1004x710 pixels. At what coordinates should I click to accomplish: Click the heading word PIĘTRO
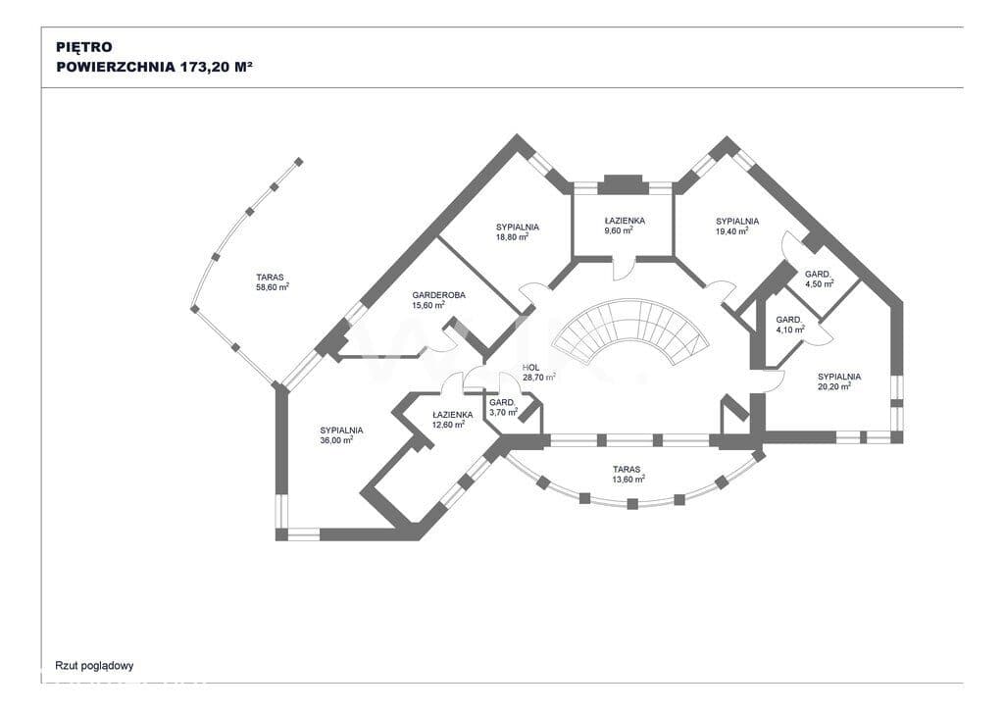click(x=84, y=47)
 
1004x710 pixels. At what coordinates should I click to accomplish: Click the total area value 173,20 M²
click(x=216, y=67)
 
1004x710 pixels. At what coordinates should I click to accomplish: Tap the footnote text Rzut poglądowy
click(x=95, y=666)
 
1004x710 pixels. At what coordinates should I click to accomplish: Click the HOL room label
click(x=530, y=368)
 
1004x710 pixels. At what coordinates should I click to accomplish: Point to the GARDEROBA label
click(x=438, y=295)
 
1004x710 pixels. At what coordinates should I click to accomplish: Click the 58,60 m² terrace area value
click(x=273, y=287)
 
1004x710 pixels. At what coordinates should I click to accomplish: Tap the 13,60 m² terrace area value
click(x=628, y=479)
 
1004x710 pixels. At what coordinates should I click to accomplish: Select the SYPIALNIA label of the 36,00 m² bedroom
click(x=341, y=431)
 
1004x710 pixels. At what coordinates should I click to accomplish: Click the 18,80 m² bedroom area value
click(x=512, y=237)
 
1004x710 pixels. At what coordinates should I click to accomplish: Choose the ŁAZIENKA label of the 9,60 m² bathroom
click(x=625, y=221)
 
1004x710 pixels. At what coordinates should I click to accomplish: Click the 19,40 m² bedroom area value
click(x=732, y=231)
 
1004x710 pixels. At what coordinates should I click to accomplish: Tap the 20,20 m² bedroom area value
click(x=834, y=386)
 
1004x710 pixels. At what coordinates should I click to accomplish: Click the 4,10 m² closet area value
click(x=790, y=330)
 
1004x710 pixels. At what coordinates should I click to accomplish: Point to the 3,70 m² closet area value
click(x=503, y=412)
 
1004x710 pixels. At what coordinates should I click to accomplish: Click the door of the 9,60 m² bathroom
click(x=625, y=268)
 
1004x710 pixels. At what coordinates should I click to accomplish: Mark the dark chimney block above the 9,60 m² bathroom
click(x=623, y=184)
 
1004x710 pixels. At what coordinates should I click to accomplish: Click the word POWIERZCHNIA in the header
click(x=116, y=67)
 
